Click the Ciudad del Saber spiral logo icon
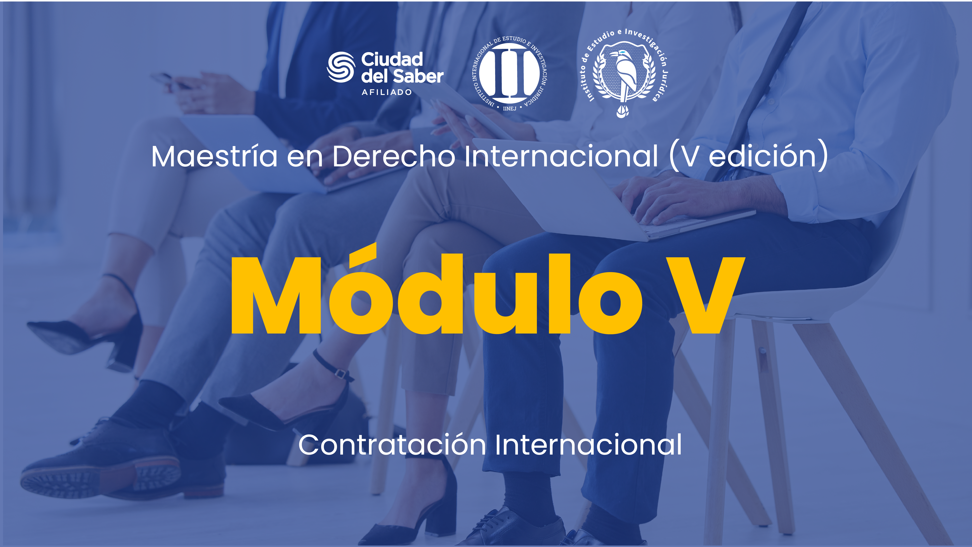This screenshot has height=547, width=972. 341,67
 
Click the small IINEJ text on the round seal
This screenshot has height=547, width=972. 509,108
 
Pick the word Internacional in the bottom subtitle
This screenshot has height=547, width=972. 588,445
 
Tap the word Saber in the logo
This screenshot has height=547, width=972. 418,76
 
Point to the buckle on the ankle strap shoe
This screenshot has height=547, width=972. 340,374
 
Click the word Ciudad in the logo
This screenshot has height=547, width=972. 392,59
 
